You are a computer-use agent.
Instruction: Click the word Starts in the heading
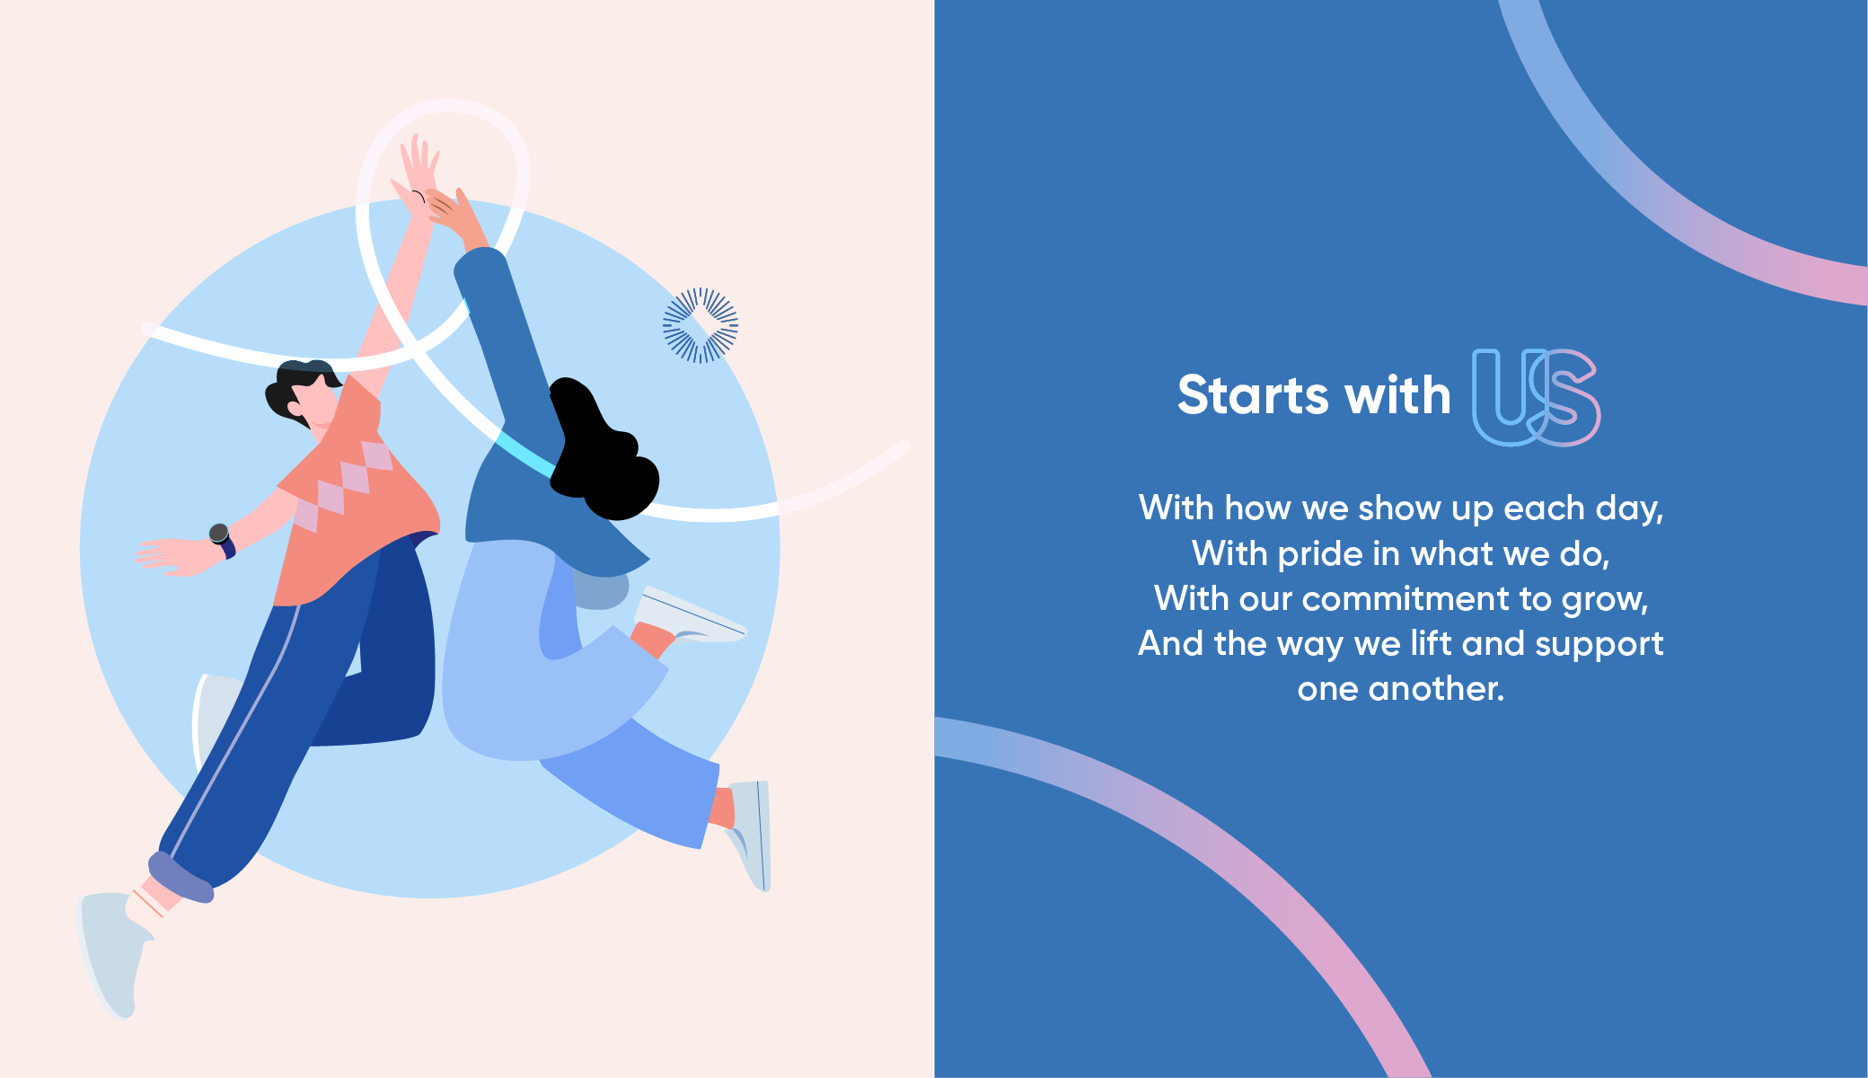coord(1256,395)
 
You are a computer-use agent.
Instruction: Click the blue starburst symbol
coord(700,325)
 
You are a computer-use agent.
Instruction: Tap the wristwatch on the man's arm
coord(222,540)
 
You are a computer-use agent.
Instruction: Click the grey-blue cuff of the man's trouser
coord(181,877)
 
